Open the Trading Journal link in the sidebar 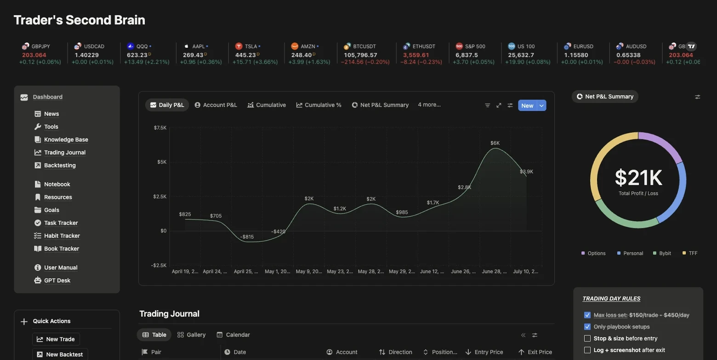pyautogui.click(x=65, y=153)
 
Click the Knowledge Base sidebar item pyautogui.click(x=66, y=140)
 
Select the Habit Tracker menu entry pyautogui.click(x=62, y=236)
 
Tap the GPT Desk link pyautogui.click(x=57, y=280)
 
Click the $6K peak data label pyautogui.click(x=495, y=143)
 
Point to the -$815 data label pyautogui.click(x=247, y=237)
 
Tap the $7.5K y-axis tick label pyautogui.click(x=160, y=127)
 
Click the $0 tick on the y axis pyautogui.click(x=163, y=231)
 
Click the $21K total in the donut pyautogui.click(x=638, y=178)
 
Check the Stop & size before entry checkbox pyautogui.click(x=587, y=338)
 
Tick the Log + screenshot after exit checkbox pyautogui.click(x=587, y=350)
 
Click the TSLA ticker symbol pyautogui.click(x=250, y=46)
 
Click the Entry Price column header pyautogui.click(x=489, y=352)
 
